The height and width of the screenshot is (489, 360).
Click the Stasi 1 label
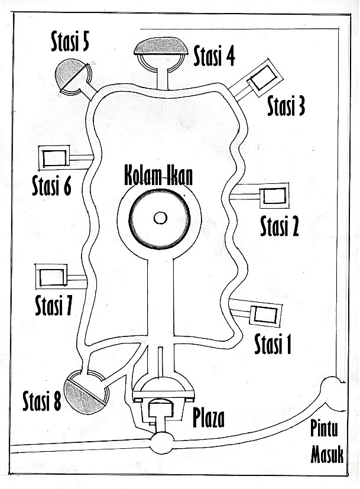pos(273,344)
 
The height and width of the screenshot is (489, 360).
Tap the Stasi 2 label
pos(280,226)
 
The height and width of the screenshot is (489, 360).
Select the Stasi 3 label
pos(286,106)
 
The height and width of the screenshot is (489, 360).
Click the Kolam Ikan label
pos(158,177)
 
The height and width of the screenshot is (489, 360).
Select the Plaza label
pos(209,418)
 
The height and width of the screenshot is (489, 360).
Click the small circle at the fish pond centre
pos(160,218)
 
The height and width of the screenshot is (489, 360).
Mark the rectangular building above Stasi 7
pos(52,277)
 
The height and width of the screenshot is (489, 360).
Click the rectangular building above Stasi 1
pos(262,315)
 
